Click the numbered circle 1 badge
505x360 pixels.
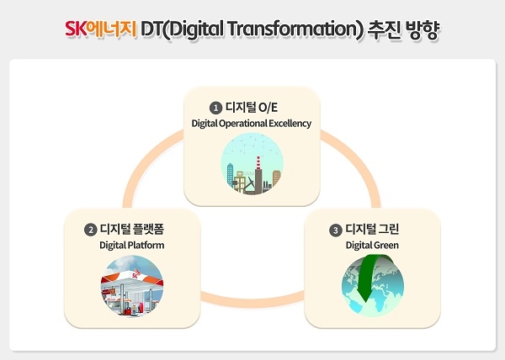[216, 108]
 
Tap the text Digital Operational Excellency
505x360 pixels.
[252, 124]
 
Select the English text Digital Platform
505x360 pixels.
[131, 246]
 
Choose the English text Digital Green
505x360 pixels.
[371, 246]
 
